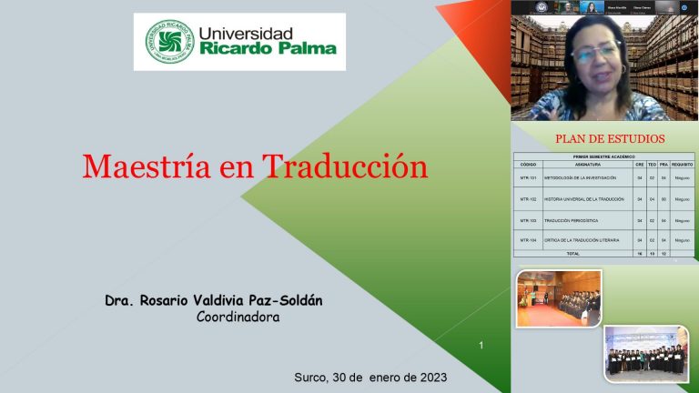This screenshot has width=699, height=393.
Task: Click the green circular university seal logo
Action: pyautogui.click(x=170, y=41)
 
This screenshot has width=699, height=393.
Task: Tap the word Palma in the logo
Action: pyautogui.click(x=305, y=48)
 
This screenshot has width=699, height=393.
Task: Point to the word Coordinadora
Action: pyautogui.click(x=238, y=317)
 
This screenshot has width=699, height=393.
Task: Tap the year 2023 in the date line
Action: pyautogui.click(x=428, y=377)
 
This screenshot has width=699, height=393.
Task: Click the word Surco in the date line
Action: pyautogui.click(x=311, y=377)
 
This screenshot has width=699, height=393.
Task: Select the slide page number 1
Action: pyautogui.click(x=481, y=345)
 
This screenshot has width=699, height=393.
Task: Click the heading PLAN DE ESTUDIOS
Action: pyautogui.click(x=610, y=139)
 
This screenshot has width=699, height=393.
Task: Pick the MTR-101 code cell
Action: pyautogui.click(x=529, y=177)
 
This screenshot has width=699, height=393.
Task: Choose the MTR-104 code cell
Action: pyautogui.click(x=529, y=240)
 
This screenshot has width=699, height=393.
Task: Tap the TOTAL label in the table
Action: pyautogui.click(x=572, y=253)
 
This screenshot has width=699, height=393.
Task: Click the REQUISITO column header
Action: pyautogui.click(x=682, y=164)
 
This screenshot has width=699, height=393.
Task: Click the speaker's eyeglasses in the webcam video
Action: pyautogui.click(x=595, y=52)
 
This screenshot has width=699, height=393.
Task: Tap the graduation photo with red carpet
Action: pyautogui.click(x=558, y=298)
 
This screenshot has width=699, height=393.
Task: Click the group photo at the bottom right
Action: pyautogui.click(x=647, y=353)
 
